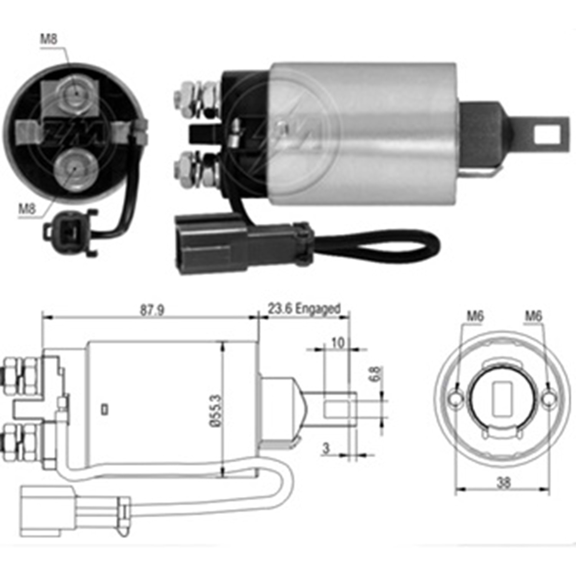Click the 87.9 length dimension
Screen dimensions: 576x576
(152, 310)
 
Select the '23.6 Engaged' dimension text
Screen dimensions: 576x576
(304, 309)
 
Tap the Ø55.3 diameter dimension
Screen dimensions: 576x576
(216, 410)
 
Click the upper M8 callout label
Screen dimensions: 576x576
(49, 39)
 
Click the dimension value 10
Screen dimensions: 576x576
(338, 343)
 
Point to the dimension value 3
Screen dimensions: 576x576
(326, 448)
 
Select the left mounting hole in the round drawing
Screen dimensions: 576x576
(455, 399)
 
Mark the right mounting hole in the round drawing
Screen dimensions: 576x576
(550, 399)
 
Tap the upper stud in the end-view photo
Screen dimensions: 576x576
(76, 93)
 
